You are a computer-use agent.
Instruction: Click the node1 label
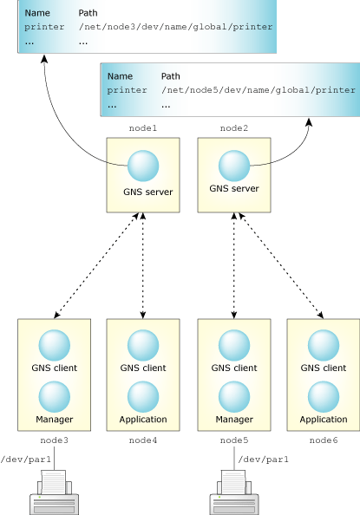(142, 128)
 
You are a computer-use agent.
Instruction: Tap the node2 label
(233, 128)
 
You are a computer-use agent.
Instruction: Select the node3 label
(54, 440)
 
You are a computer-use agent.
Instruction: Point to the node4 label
(143, 440)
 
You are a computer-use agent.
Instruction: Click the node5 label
(234, 440)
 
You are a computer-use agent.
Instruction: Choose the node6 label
(324, 440)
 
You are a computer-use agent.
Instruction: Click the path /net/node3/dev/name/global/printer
(175, 27)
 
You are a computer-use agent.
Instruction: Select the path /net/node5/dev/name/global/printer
(259, 89)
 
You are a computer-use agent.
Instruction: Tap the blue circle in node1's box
(142, 164)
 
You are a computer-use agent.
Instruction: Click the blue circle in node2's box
(233, 164)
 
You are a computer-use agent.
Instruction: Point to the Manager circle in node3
(54, 396)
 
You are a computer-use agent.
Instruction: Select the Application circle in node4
(143, 396)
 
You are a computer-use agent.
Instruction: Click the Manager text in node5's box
(234, 420)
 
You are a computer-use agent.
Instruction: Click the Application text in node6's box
(324, 420)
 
